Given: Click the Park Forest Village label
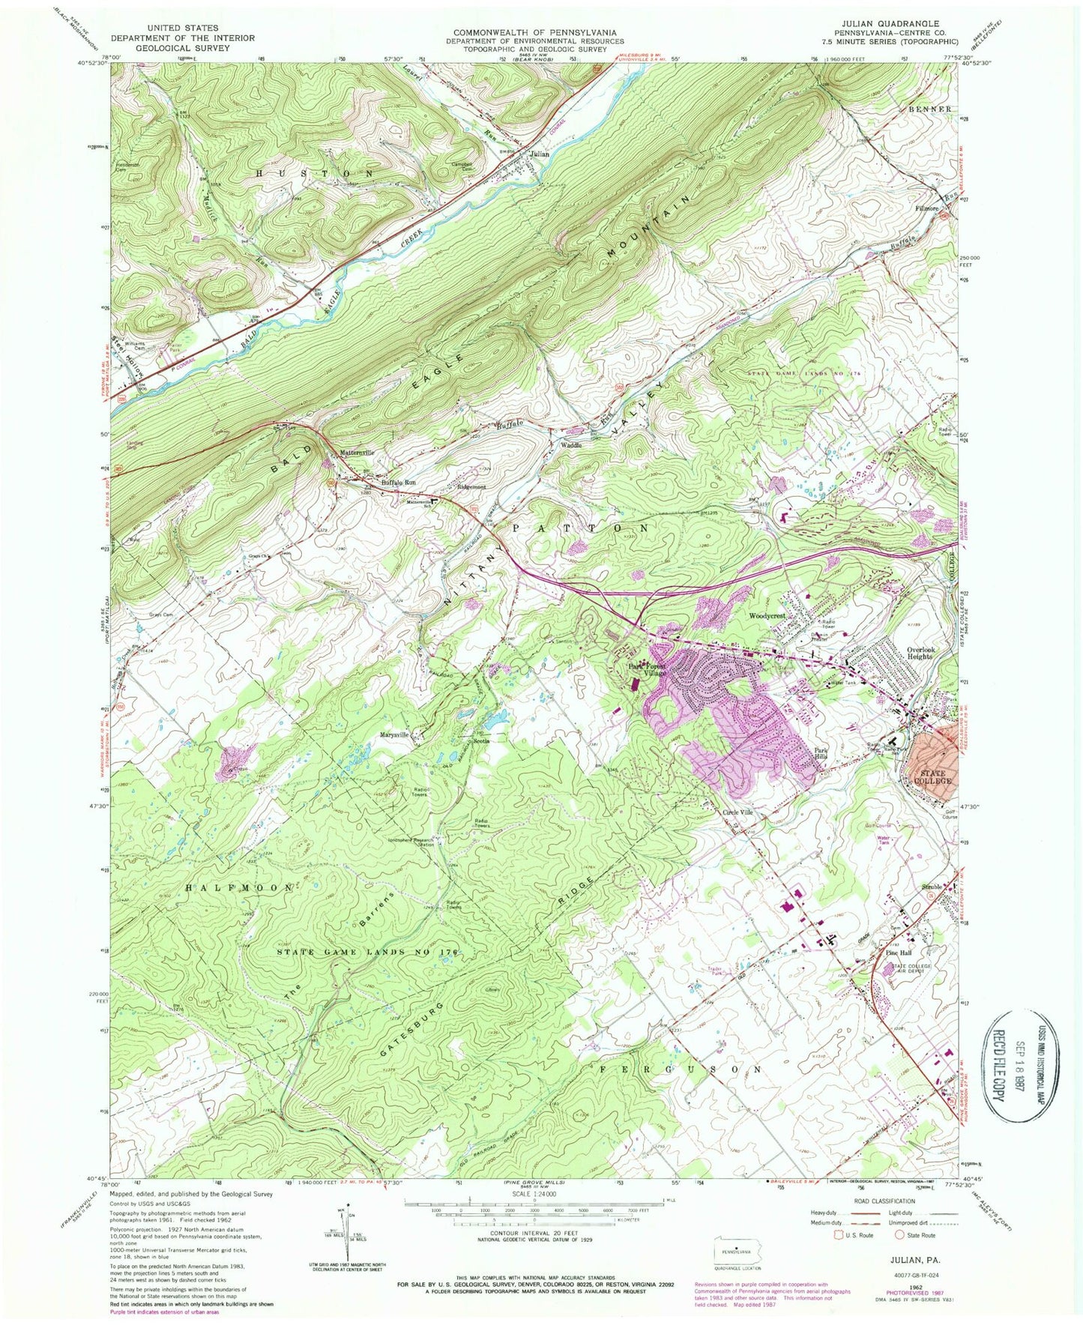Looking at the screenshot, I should pos(647,670).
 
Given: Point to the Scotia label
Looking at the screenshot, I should pos(481,740).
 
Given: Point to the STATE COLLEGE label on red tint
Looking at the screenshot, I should pos(932,776).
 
